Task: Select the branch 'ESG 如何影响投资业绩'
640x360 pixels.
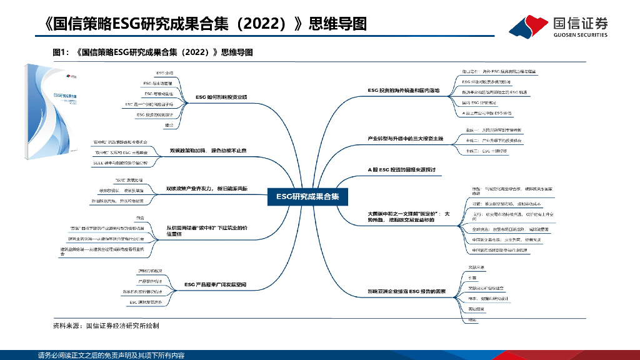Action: (x=221, y=97)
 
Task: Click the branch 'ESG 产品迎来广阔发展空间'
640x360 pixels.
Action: (x=215, y=285)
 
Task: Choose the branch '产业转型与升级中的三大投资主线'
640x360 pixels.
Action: (x=404, y=138)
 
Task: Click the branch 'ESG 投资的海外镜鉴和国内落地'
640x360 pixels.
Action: (x=404, y=91)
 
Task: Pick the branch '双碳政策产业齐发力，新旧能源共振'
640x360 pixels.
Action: (x=207, y=188)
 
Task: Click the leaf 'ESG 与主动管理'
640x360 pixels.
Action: (x=153, y=83)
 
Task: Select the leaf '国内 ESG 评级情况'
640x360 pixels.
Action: (x=479, y=102)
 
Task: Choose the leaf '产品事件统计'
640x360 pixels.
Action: (x=150, y=281)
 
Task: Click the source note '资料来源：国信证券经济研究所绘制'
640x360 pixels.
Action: (x=106, y=326)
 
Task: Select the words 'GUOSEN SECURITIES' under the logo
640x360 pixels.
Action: (x=580, y=36)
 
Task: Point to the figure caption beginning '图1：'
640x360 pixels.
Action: (x=152, y=52)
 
